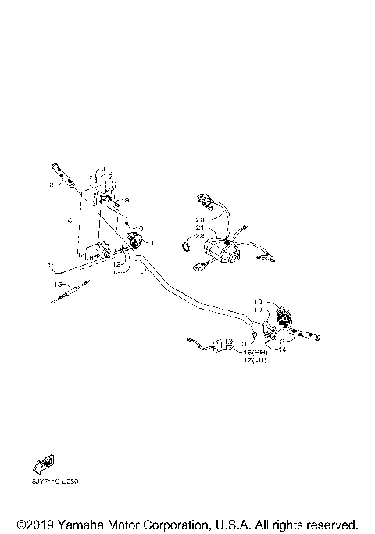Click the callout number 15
click(58, 285)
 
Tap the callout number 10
click(140, 228)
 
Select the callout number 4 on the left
click(70, 221)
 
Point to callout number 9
click(127, 200)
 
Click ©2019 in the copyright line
click(30, 524)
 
